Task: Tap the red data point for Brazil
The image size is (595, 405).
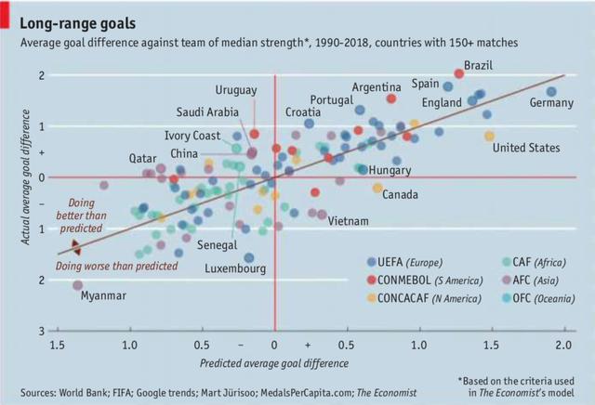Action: [458, 73]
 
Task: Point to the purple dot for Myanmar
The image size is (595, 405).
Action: [77, 285]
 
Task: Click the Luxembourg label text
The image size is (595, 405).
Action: [236, 268]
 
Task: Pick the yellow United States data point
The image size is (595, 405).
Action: [489, 136]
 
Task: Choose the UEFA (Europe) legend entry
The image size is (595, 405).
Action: [413, 262]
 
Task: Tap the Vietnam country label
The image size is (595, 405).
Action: [350, 221]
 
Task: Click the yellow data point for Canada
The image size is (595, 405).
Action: [377, 188]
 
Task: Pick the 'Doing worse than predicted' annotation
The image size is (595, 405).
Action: [116, 266]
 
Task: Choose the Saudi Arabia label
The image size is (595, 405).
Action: [209, 112]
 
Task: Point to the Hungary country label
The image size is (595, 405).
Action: [390, 171]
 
